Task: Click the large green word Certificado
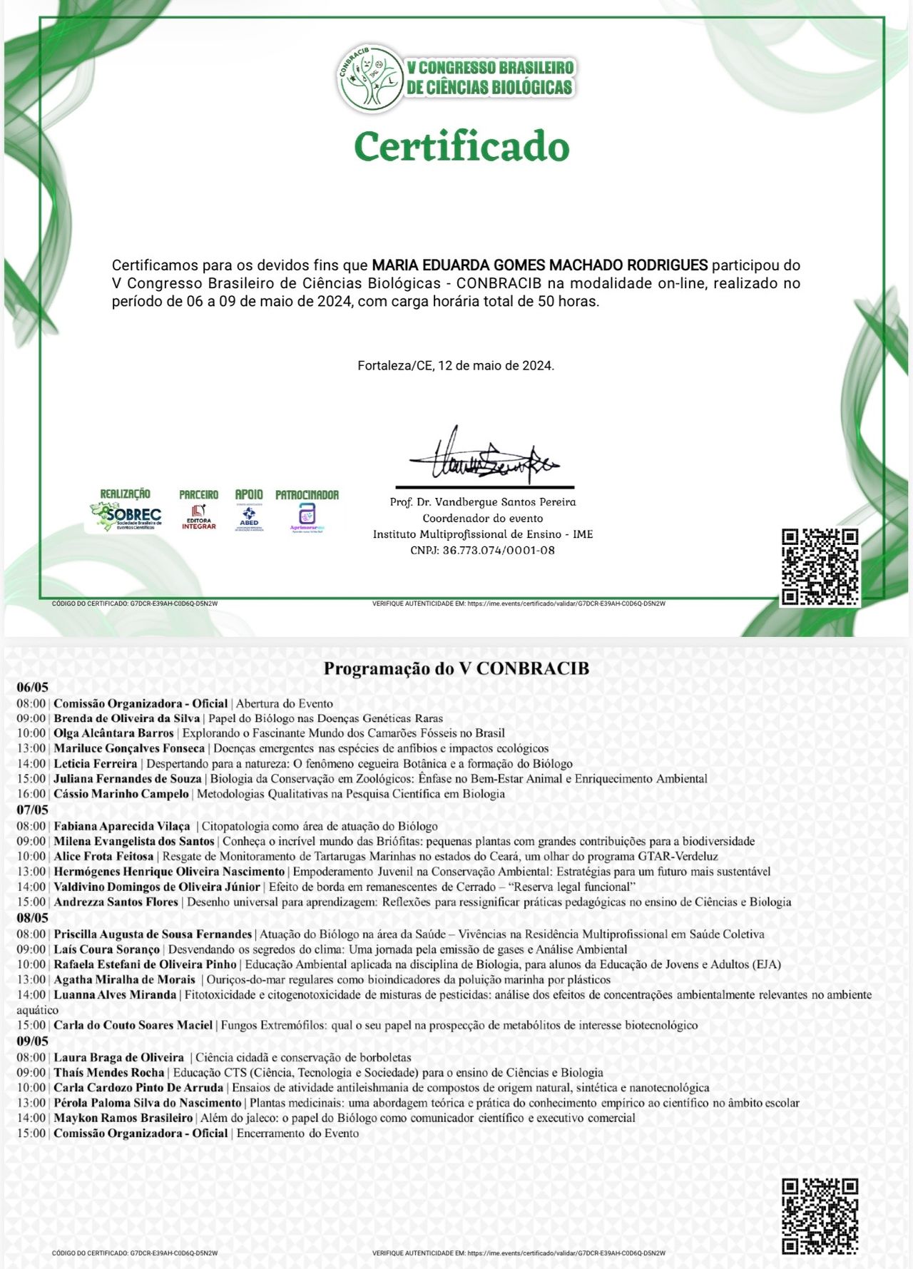click(x=461, y=147)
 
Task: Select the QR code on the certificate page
click(x=820, y=567)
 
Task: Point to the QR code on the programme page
click(x=820, y=1217)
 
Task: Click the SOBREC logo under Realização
click(x=126, y=516)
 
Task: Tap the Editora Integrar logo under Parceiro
click(x=198, y=516)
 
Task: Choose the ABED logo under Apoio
click(x=249, y=517)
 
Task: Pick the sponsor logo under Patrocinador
click(x=307, y=517)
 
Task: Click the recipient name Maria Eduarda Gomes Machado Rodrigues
click(x=540, y=266)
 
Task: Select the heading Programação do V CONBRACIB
click(x=456, y=668)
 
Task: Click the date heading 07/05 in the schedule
click(x=33, y=810)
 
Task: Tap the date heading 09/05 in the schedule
click(x=33, y=1041)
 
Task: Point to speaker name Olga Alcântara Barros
click(x=114, y=733)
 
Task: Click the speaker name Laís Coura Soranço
click(x=107, y=949)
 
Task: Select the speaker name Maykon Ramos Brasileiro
click(x=123, y=1118)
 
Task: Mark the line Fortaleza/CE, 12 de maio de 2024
click(x=456, y=366)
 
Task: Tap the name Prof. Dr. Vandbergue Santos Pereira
click(x=483, y=502)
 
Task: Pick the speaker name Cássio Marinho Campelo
click(x=121, y=794)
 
